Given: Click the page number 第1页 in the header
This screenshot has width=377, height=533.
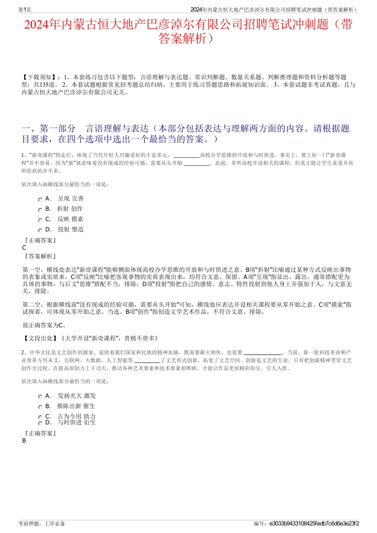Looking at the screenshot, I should pyautogui.click(x=25, y=10).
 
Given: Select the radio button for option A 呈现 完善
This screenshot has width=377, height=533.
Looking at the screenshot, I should pyautogui.click(x=40, y=200).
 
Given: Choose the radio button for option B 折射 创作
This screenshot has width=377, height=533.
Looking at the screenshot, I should pyautogui.click(x=40, y=210).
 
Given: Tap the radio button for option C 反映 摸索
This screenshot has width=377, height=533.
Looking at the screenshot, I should pyautogui.click(x=40, y=220).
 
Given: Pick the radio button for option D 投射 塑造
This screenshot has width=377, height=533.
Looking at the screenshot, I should pyautogui.click(x=40, y=231).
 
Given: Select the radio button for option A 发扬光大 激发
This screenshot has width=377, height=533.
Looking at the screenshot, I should pyautogui.click(x=40, y=397).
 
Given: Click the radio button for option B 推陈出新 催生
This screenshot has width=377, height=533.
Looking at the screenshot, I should pyautogui.click(x=40, y=407).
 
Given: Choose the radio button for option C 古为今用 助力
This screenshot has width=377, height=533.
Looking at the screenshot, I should pyautogui.click(x=40, y=418).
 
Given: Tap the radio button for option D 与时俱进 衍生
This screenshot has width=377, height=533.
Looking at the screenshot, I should pyautogui.click(x=40, y=424).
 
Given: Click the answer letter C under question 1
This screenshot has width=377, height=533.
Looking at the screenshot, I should pyautogui.click(x=24, y=248).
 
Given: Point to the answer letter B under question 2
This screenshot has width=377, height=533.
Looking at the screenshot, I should pyautogui.click(x=24, y=441).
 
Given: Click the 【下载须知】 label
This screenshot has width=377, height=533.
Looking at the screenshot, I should pyautogui.click(x=39, y=77).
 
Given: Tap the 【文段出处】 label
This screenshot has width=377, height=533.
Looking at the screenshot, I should pyautogui.click(x=40, y=338).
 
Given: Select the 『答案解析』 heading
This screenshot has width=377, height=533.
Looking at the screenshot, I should pyautogui.click(x=40, y=256).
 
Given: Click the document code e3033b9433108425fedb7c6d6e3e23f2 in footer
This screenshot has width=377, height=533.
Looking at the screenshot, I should pyautogui.click(x=314, y=523).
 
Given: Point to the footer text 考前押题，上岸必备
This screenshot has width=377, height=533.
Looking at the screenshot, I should pyautogui.click(x=42, y=523).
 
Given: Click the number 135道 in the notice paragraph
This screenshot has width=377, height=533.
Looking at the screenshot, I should pyautogui.click(x=48, y=85).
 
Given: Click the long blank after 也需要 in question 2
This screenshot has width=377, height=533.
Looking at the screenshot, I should pyautogui.click(x=262, y=353).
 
